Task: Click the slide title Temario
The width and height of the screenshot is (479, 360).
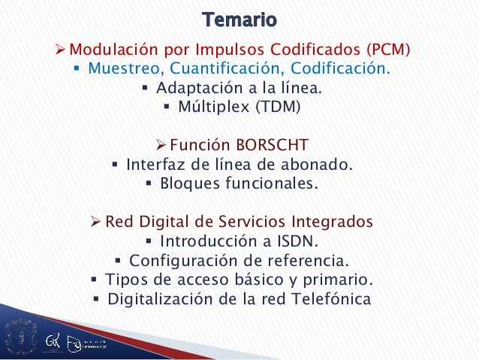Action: [239, 20]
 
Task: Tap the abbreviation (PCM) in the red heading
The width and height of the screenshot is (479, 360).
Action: [388, 50]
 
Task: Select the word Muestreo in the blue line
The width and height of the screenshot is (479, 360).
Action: [124, 68]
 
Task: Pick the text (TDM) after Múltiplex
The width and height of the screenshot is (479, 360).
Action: [278, 107]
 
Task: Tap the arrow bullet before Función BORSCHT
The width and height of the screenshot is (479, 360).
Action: [161, 145]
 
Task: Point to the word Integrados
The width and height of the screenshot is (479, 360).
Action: [332, 222]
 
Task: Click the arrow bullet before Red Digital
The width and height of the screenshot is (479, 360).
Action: [95, 222]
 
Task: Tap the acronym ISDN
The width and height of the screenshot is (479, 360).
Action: [298, 241]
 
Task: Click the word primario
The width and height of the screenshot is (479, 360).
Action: [338, 280]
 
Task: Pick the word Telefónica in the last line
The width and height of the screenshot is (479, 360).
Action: [331, 299]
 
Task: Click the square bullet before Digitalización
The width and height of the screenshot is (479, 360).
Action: [96, 299]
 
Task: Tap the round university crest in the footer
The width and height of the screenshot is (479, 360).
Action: [21, 336]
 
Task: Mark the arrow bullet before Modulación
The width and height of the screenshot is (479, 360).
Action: [60, 50]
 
